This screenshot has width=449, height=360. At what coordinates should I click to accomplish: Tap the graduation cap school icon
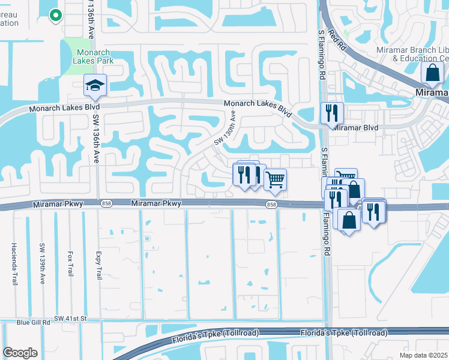[x=95, y=86]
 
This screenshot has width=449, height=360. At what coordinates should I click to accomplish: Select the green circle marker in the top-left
[x=55, y=16]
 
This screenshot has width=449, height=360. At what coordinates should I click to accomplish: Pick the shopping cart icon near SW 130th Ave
[x=275, y=179]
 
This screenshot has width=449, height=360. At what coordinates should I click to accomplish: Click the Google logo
[x=20, y=353]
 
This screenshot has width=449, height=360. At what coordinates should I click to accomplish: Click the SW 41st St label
[x=70, y=317]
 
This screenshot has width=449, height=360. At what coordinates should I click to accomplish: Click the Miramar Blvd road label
[x=355, y=128]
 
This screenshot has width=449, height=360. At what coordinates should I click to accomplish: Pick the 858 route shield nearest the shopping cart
[x=272, y=205]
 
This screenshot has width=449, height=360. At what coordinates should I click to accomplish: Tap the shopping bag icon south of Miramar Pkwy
[x=349, y=220]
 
